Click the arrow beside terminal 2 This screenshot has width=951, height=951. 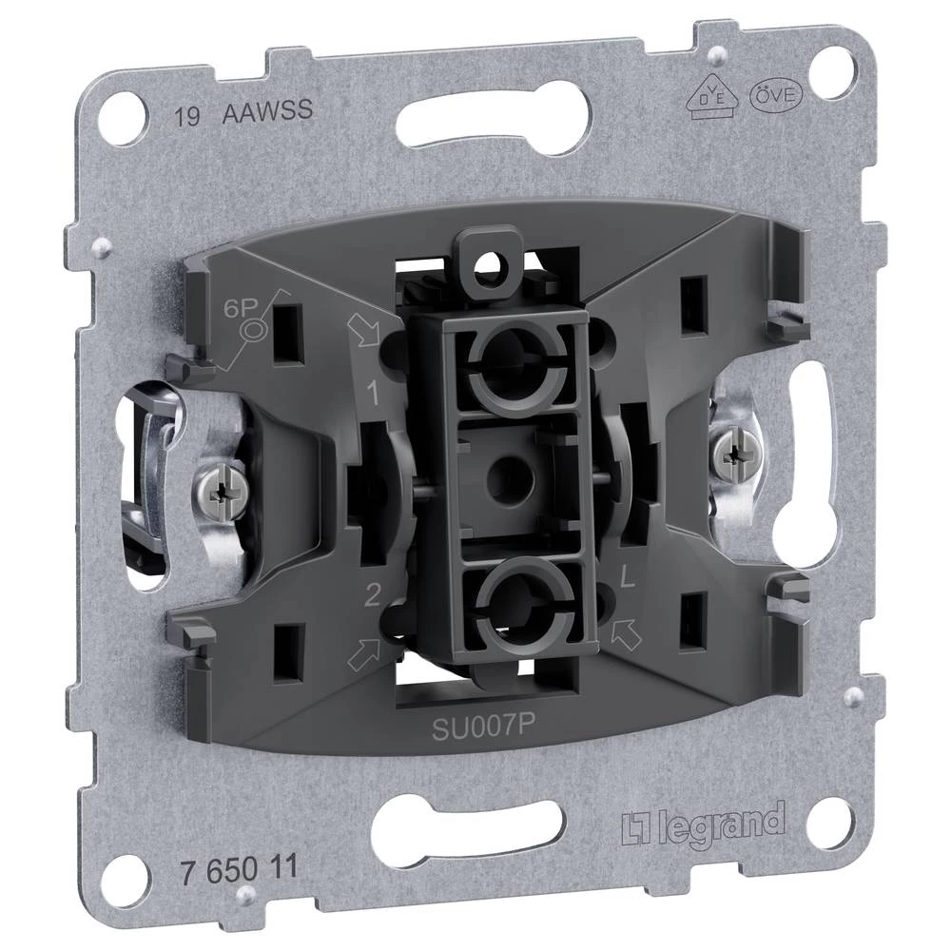tap(364, 654)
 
